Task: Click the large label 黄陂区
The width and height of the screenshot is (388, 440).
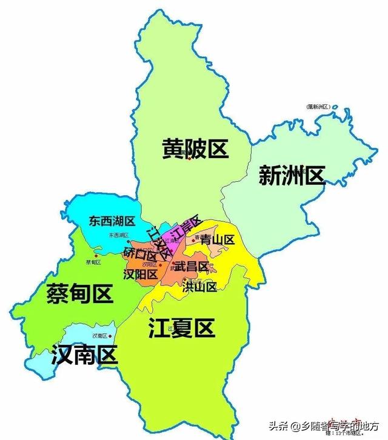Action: pyautogui.click(x=194, y=148)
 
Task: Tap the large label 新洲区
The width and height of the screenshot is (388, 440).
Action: pyautogui.click(x=292, y=176)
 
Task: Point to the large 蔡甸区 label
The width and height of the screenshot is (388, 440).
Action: pyautogui.click(x=79, y=295)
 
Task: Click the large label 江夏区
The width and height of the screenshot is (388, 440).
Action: pyautogui.click(x=182, y=328)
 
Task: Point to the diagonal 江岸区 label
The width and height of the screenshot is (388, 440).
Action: pyautogui.click(x=186, y=227)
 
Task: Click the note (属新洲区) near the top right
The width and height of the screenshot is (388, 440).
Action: pyautogui.click(x=317, y=107)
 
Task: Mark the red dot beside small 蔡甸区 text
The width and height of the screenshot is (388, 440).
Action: pyautogui.click(x=96, y=255)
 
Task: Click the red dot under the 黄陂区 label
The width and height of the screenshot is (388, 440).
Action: pyautogui.click(x=189, y=159)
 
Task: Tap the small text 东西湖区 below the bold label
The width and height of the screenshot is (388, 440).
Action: pyautogui.click(x=119, y=235)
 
